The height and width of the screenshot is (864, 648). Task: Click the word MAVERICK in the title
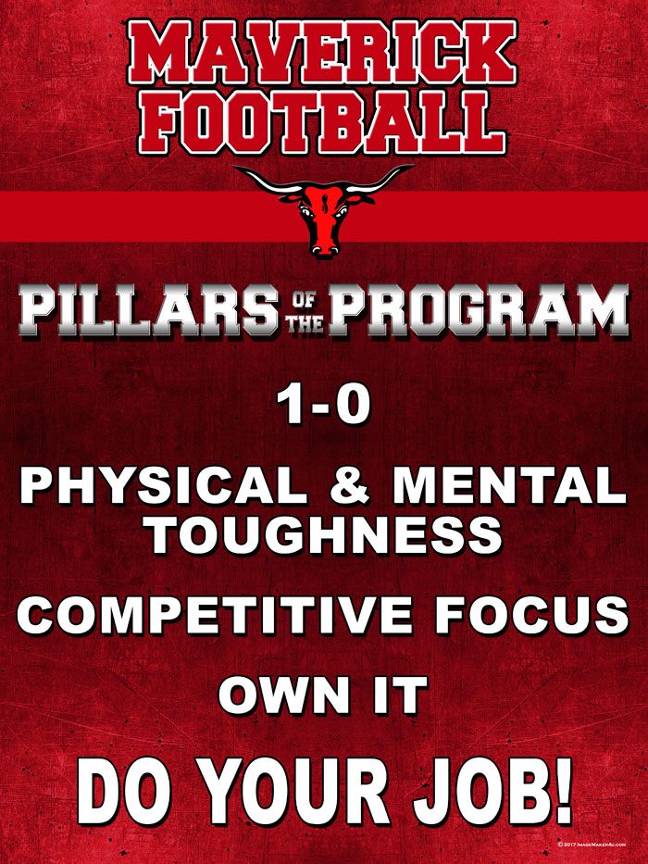coord(322,53)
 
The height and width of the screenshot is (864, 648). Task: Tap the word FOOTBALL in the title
coord(322,121)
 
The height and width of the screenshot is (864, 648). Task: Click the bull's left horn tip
coord(233,167)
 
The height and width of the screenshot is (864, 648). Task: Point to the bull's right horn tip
coord(412,167)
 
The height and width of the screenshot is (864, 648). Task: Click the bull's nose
coord(325,248)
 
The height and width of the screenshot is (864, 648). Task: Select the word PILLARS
coord(149,310)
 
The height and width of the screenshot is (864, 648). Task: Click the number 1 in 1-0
coord(291,405)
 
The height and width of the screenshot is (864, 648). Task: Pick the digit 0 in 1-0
coord(351,406)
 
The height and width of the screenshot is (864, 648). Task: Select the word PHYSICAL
coord(164,485)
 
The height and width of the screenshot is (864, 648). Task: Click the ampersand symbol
coord(350,485)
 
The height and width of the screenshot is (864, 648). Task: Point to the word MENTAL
coord(509,485)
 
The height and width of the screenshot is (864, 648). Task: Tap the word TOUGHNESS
coord(326,535)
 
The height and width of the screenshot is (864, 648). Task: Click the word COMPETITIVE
coord(215,616)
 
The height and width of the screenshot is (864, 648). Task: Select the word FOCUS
coord(531,616)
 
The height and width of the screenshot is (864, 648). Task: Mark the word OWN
coord(284,696)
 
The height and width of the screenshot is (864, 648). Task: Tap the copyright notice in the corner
coord(592,844)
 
